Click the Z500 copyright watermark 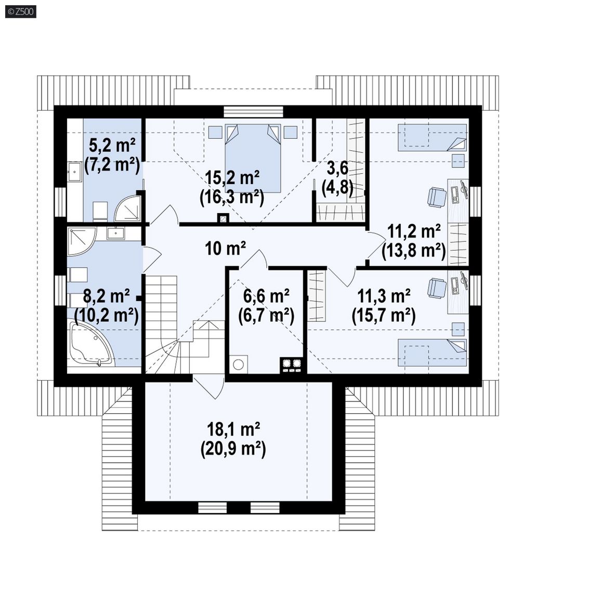[21, 11]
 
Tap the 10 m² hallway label [225, 249]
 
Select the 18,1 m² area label [233, 429]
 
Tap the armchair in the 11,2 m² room [437, 197]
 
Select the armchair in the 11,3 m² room [437, 288]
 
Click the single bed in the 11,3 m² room [432, 352]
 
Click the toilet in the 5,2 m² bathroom [100, 211]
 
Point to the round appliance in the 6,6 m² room [238, 364]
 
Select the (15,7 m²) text [384, 316]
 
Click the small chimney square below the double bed [223, 218]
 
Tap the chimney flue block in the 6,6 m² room [292, 365]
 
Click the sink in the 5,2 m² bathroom [75, 172]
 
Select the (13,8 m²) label [414, 251]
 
